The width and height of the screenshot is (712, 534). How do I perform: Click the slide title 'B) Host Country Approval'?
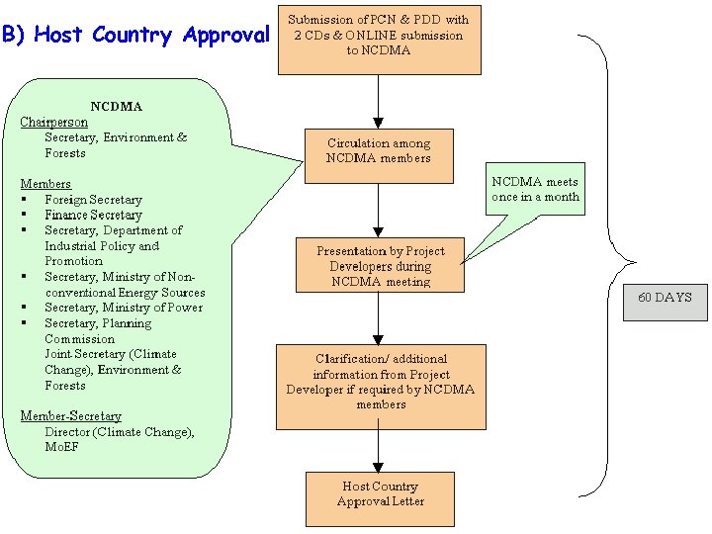click(135, 36)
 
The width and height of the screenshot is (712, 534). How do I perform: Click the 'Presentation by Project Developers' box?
click(380, 266)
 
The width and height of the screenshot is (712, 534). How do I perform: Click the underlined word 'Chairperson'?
click(53, 122)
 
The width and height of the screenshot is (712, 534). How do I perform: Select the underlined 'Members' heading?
click(45, 184)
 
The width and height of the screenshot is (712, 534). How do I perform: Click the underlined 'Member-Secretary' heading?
click(70, 416)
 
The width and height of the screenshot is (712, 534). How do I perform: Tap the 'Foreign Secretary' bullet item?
click(93, 200)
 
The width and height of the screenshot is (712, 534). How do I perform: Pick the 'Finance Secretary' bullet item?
click(93, 215)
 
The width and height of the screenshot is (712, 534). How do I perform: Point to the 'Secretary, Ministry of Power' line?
click(123, 308)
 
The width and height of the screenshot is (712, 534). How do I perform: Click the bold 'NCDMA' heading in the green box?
click(116, 106)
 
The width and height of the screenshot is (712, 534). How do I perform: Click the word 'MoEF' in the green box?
click(61, 447)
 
